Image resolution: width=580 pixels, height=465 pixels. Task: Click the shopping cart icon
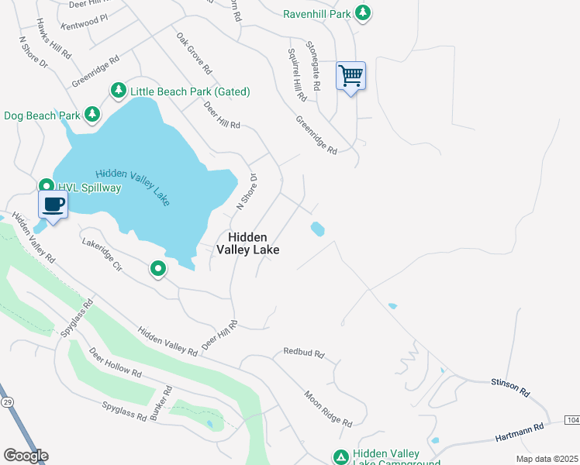coord(350,76)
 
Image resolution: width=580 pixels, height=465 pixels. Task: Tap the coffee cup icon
coord(53,205)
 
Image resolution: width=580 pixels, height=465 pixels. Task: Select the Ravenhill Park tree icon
coord(362,12)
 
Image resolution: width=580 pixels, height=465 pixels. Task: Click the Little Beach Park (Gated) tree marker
coord(119,91)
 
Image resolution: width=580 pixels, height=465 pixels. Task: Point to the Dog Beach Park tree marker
coord(92,115)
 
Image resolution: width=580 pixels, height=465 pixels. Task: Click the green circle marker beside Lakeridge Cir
coord(158,269)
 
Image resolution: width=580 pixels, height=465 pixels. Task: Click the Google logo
coord(26,456)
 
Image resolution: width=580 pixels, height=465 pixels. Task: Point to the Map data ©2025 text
coord(547,459)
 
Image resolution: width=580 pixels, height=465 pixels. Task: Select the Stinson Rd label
coord(509,387)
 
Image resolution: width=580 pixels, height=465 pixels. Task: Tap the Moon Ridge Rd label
coord(328,408)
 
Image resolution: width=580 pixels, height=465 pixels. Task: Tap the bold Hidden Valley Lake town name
coord(247,243)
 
